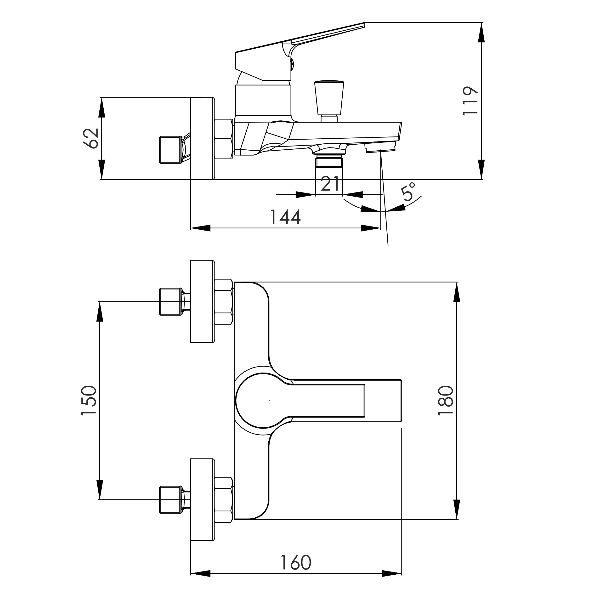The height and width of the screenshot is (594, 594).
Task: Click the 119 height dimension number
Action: [470, 101]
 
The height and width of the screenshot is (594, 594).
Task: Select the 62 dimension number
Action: [91, 138]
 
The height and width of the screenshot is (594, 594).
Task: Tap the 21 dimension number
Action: [330, 184]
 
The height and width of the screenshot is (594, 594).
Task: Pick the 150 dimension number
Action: [89, 401]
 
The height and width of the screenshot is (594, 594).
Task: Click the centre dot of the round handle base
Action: [269, 401]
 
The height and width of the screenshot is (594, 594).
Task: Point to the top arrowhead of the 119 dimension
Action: [481, 32]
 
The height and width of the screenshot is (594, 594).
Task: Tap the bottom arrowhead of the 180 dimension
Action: [457, 509]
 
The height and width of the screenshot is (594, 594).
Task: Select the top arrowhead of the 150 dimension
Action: [99, 311]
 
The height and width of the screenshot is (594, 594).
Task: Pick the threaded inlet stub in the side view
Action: [170, 149]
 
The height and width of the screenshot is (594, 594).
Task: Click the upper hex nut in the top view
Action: [223, 302]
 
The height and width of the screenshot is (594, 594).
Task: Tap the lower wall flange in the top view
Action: [202, 508]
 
